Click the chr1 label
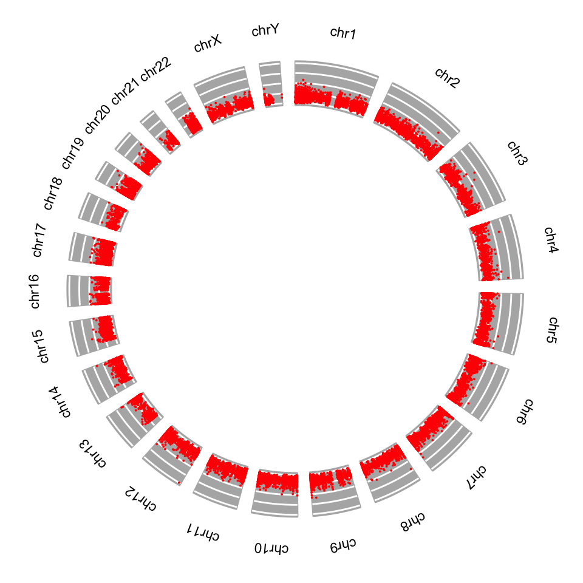point(343,33)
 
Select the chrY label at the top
point(265,30)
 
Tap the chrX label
point(208,44)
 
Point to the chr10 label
point(272,548)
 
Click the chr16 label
point(35,291)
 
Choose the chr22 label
point(156,69)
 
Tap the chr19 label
point(72,153)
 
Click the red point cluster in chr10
point(277,482)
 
